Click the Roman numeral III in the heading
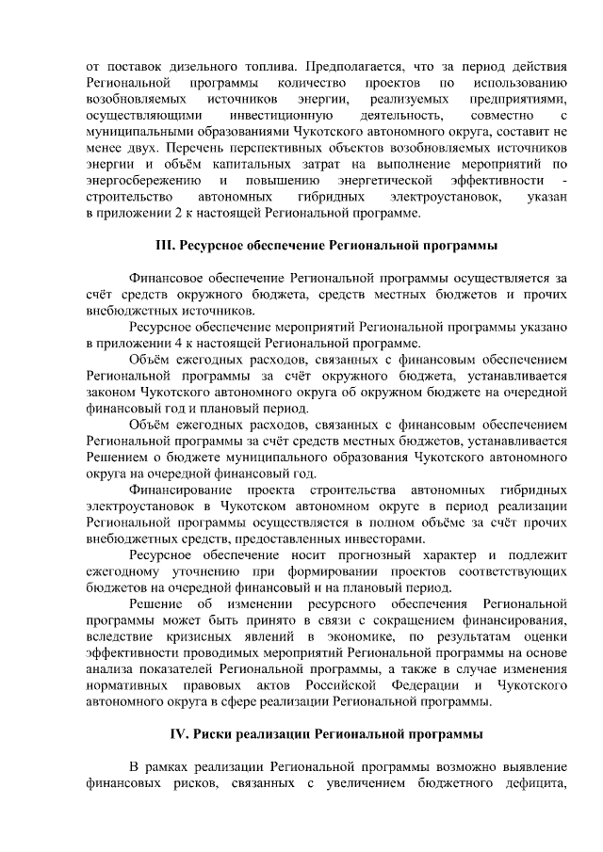tap(164, 246)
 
